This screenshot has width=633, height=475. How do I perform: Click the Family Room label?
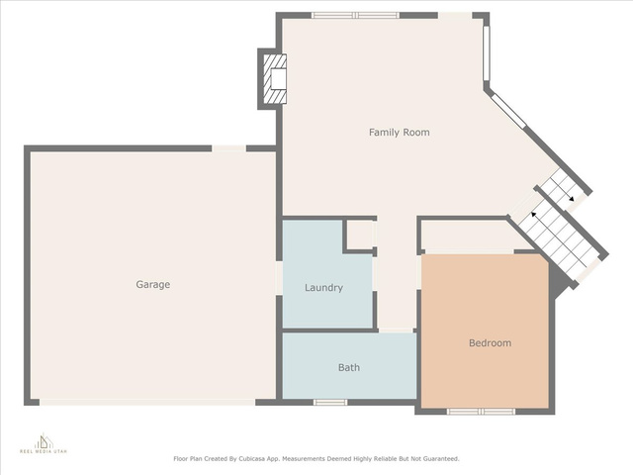[400, 132]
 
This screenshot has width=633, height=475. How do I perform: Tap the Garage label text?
[152, 284]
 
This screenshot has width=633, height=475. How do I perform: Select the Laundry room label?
[323, 288]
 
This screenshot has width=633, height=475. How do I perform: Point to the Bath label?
[349, 367]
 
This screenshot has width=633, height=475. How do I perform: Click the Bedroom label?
[491, 343]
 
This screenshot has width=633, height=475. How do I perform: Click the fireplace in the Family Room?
[275, 79]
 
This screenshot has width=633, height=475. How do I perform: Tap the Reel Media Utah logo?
[44, 443]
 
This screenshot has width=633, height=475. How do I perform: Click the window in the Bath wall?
[330, 403]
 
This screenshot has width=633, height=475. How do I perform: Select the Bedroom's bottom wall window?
[481, 412]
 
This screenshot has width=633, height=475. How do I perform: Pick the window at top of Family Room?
[355, 16]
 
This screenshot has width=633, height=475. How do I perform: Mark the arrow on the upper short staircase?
[566, 195]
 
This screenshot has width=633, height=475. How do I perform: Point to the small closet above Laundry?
[360, 235]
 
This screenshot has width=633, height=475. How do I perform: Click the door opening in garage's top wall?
[228, 148]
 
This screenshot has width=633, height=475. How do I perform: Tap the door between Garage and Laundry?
[279, 278]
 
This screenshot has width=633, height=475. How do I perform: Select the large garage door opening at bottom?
[147, 403]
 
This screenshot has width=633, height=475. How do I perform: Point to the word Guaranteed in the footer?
[441, 459]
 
